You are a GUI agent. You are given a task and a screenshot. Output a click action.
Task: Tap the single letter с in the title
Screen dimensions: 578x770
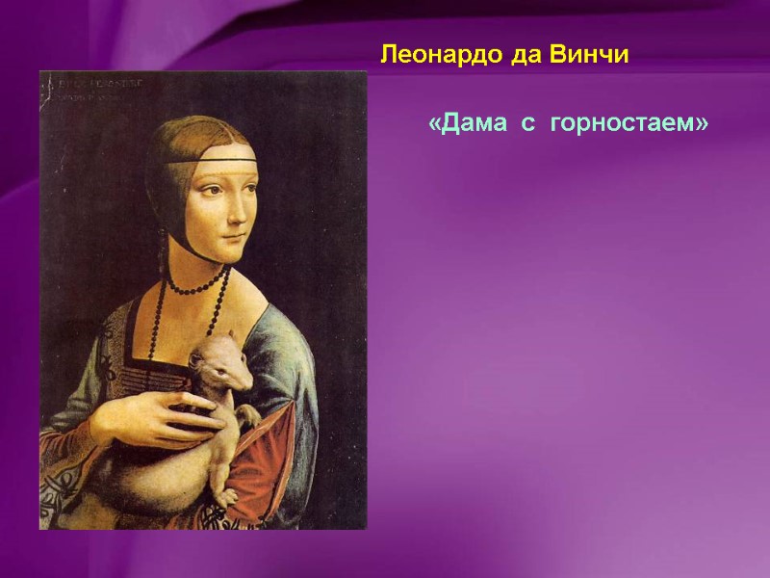[x=528, y=125]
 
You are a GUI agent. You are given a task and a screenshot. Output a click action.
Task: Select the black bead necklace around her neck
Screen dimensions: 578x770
[x=192, y=288]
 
